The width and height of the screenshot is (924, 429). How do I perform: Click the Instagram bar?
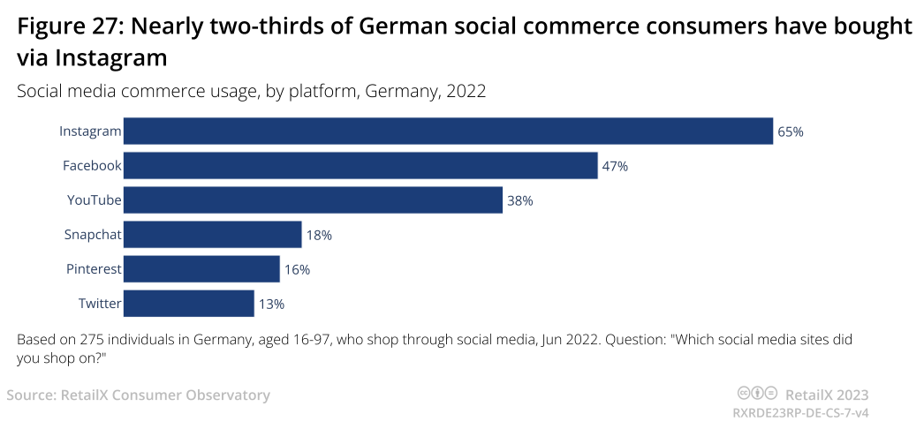click(x=448, y=131)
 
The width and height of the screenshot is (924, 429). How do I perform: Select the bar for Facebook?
click(x=360, y=165)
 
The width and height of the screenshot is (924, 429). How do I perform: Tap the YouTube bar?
click(x=313, y=200)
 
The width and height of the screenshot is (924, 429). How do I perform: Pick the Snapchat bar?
click(x=212, y=235)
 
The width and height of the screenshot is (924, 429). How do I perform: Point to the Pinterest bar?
click(x=201, y=269)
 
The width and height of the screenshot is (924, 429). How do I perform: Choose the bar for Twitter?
click(x=188, y=304)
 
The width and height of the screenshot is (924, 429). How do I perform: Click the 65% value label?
click(x=790, y=132)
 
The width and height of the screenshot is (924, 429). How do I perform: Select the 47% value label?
click(x=615, y=166)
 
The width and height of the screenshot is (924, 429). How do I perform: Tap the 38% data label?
click(x=519, y=200)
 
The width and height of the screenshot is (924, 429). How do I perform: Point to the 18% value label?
click(x=319, y=236)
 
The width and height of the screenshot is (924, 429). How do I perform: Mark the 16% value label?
click(x=297, y=270)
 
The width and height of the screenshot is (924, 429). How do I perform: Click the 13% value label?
click(x=271, y=305)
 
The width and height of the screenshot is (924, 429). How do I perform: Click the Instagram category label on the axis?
click(x=89, y=132)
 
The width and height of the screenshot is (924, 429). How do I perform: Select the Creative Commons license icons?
click(x=757, y=394)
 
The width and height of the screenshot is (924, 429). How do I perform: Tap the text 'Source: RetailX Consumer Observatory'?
click(x=138, y=395)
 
